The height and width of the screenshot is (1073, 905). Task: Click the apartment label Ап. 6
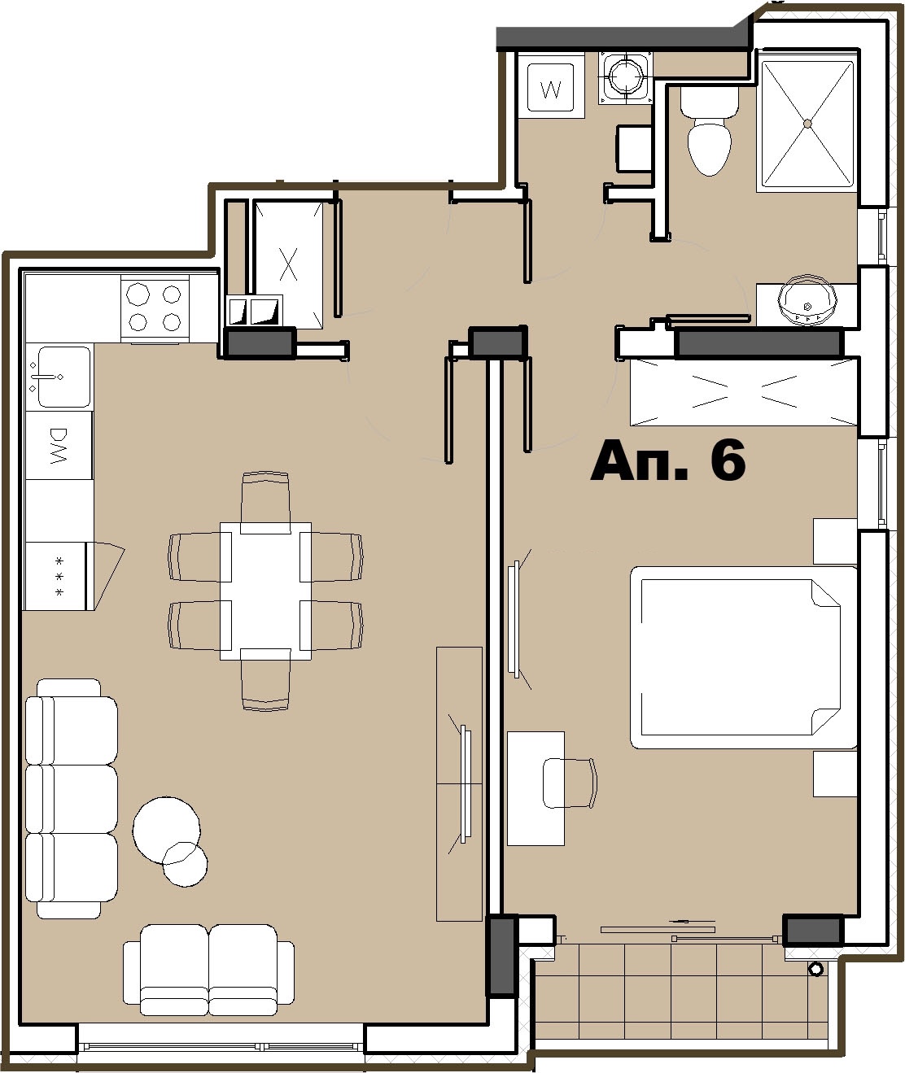tap(667, 460)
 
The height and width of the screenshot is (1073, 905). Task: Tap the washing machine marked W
tap(551, 87)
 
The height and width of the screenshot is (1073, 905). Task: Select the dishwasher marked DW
tap(59, 445)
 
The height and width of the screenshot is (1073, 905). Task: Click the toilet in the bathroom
tap(710, 130)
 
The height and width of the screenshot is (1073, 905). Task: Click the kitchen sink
tap(59, 377)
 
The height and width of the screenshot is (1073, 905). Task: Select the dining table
tap(266, 591)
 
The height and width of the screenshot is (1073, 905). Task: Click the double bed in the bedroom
tap(744, 657)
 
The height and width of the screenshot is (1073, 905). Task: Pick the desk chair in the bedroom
tap(571, 783)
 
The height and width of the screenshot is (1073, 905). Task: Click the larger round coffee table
tap(167, 829)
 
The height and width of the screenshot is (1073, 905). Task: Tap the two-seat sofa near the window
tap(209, 970)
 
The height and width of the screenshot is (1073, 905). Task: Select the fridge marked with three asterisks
tap(57, 576)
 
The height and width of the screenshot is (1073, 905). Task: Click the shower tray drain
tap(807, 124)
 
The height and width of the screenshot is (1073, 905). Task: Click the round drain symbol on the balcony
tap(815, 969)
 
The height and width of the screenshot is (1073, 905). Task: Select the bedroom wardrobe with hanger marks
tap(744, 392)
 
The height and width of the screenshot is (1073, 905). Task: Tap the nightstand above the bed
tap(835, 541)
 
